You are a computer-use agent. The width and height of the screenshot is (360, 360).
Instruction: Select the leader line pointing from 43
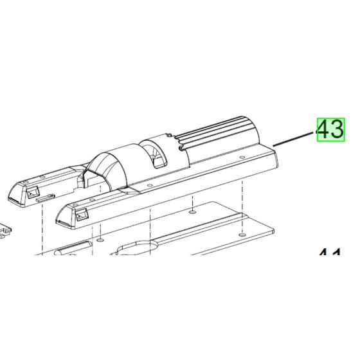[x=292, y=138]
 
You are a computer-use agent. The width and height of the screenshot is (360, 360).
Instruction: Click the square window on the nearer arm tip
[x=81, y=217]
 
